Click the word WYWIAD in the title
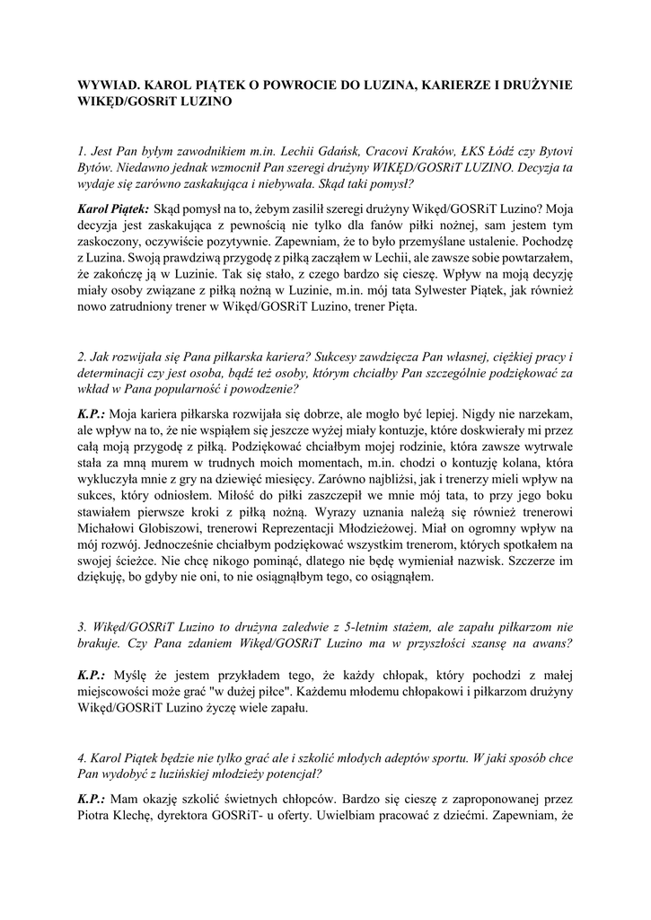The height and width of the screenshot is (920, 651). [105, 84]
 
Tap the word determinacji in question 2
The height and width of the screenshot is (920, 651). [110, 375]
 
